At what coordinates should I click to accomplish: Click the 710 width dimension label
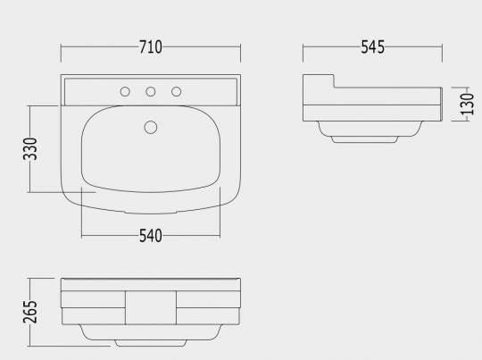(x=151, y=47)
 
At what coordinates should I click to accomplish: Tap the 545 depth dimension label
(x=372, y=47)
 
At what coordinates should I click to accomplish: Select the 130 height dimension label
(x=468, y=104)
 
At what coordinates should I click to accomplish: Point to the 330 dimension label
(x=30, y=149)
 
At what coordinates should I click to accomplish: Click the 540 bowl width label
(x=151, y=236)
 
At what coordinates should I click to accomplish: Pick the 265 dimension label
(x=30, y=312)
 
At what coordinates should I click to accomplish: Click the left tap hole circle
(x=125, y=91)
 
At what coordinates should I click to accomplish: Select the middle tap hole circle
(x=151, y=91)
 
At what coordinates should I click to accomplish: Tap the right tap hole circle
(x=177, y=91)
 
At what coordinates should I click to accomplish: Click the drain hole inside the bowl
(x=151, y=127)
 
